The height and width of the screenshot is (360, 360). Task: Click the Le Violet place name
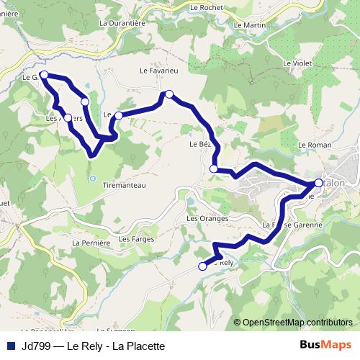(x=297, y=63)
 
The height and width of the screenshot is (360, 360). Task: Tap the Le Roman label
(x=313, y=145)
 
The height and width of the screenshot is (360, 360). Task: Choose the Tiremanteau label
(x=125, y=185)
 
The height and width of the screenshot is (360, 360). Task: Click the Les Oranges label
(x=207, y=218)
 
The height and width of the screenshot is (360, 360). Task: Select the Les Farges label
(x=135, y=238)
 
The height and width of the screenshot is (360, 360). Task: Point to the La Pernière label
(x=90, y=243)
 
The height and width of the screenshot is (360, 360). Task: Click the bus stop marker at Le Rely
(x=202, y=266)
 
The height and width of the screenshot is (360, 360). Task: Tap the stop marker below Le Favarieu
(x=169, y=94)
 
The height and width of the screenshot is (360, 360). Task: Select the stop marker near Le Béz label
(x=213, y=168)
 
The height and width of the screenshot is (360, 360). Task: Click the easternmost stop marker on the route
(x=319, y=183)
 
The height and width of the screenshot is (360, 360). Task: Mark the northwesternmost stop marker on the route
(x=44, y=75)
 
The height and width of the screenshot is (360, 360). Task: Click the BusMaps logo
(x=325, y=344)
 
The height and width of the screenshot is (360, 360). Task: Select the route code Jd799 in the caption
(x=37, y=345)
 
